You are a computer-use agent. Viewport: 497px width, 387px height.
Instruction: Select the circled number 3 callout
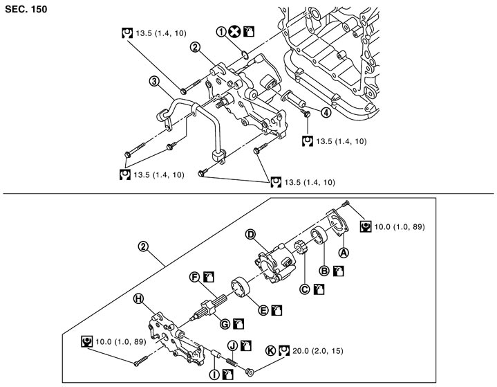[x=154, y=82]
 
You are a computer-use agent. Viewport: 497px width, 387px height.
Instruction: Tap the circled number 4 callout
[x=326, y=113]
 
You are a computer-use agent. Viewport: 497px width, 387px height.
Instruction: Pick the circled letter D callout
[x=250, y=235]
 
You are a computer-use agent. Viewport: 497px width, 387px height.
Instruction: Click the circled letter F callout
[x=196, y=277]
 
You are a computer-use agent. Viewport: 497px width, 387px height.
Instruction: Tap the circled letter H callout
[x=139, y=298]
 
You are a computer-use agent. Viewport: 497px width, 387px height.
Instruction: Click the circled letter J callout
[x=233, y=345]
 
